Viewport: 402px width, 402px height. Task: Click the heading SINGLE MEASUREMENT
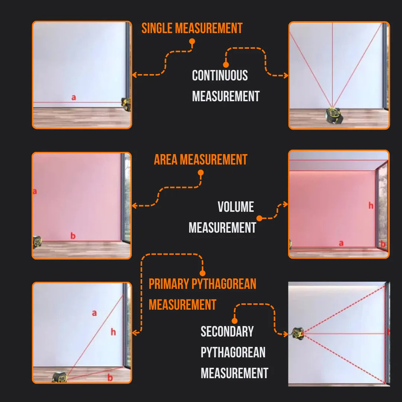(x=192, y=28)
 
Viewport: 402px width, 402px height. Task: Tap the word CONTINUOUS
(x=220, y=76)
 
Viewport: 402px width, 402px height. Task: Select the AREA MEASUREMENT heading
(x=200, y=160)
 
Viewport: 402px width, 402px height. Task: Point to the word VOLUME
(x=236, y=207)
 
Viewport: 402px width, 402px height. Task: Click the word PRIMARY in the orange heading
(x=169, y=284)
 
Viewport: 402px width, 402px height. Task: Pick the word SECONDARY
(x=227, y=332)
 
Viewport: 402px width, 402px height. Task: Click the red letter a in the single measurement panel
(x=73, y=98)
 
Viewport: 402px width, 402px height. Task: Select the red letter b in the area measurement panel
(x=73, y=236)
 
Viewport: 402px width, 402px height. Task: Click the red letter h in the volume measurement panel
(x=371, y=205)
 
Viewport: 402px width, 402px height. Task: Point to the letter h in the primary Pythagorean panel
(x=113, y=332)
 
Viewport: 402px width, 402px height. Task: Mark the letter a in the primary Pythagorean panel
(x=94, y=313)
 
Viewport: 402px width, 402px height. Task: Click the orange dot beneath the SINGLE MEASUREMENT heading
(x=192, y=42)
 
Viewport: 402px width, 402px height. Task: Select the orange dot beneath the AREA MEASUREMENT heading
(x=201, y=173)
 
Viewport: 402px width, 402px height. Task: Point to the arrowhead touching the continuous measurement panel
(x=286, y=76)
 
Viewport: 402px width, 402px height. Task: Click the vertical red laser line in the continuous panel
(x=332, y=63)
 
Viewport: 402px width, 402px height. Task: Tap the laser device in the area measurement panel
(x=36, y=242)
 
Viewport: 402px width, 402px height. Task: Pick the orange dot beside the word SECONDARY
(x=234, y=320)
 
